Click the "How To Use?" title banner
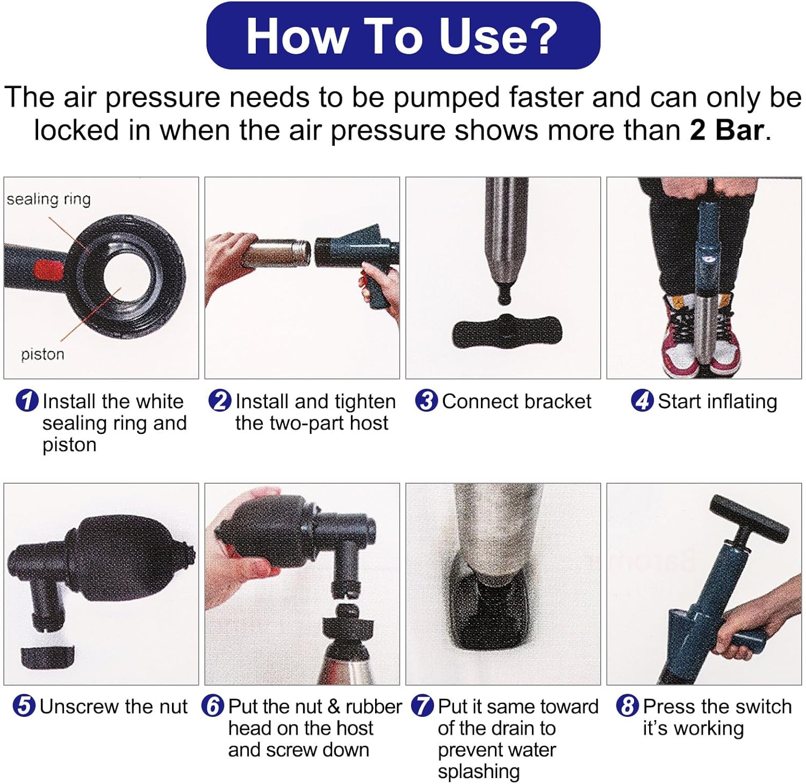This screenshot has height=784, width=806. tap(403, 36)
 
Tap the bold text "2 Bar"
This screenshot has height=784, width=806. tap(726, 130)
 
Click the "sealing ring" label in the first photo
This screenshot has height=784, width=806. tap(48, 199)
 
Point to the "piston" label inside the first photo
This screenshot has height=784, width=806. tap(42, 354)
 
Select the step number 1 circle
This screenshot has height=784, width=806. tap(27, 401)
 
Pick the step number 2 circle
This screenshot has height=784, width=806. tap(220, 401)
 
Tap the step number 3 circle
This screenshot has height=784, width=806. tap(427, 401)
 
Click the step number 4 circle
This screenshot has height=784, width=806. tap(643, 401)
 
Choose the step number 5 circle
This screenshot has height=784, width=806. tap(24, 706)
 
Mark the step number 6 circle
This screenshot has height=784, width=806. tap(213, 706)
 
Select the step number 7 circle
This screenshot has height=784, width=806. tap(422, 706)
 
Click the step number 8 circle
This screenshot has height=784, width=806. tap(628, 706)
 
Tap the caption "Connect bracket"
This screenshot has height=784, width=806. tap(516, 401)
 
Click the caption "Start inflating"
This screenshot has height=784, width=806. tap(717, 402)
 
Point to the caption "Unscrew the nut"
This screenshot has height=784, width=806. tap(113, 706)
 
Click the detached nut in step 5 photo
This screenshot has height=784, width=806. tap(47, 657)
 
